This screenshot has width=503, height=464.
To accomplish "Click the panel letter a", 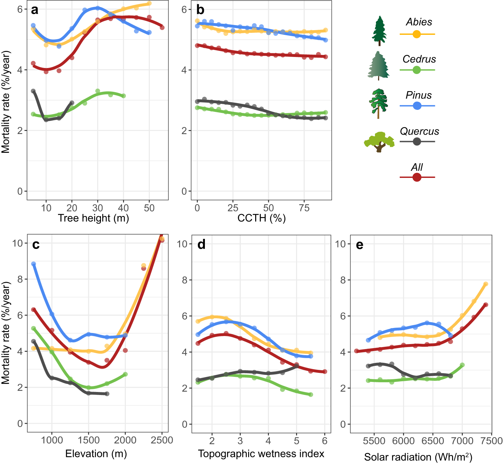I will point(35,10).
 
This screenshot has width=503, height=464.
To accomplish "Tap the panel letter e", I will point(359,245).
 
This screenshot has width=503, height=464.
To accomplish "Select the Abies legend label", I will point(419,22).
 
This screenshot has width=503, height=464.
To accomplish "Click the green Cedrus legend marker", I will point(416,70).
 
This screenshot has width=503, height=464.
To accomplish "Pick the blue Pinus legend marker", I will point(416,106).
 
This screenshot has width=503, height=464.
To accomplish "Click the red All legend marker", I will point(416,177).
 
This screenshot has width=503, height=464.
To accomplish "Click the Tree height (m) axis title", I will point(93,218).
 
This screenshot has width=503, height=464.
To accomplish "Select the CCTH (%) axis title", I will point(261,218).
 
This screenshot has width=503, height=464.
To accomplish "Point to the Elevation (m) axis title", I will point(96,454).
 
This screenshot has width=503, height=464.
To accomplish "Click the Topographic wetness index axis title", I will point(261,454).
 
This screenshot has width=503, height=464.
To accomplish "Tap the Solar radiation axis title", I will point(418,457).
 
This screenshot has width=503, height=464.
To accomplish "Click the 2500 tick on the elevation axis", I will point(162,440).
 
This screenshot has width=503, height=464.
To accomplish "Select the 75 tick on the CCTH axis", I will point(304,208).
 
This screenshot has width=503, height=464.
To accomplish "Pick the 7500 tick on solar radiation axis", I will point(491,441).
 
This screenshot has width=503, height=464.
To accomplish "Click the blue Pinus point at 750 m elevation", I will point(34,264).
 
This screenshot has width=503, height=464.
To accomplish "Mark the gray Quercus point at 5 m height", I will point(33,91).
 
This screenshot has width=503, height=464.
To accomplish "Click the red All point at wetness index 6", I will point(325,372).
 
